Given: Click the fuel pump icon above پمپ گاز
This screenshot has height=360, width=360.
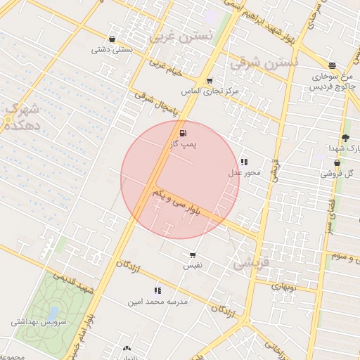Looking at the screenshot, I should click(184, 133).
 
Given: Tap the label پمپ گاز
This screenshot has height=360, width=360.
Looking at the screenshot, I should click(184, 144).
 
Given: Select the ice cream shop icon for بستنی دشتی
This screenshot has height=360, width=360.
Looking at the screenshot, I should click(112, 39).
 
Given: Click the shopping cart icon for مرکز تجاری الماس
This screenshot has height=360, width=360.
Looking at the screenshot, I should click(210, 81).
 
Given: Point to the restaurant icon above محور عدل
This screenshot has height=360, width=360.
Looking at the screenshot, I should click(244, 162).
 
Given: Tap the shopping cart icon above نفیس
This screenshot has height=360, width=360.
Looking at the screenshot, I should click(193, 255).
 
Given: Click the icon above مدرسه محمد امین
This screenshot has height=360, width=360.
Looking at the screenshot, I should click(157, 290).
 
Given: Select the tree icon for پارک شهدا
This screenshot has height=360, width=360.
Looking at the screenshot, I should click(345, 138).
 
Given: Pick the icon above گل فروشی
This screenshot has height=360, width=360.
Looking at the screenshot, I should click(337, 162).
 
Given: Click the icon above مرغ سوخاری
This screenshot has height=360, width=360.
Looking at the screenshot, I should click(332, 65).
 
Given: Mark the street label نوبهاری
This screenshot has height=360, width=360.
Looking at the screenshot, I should click(286, 287).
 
